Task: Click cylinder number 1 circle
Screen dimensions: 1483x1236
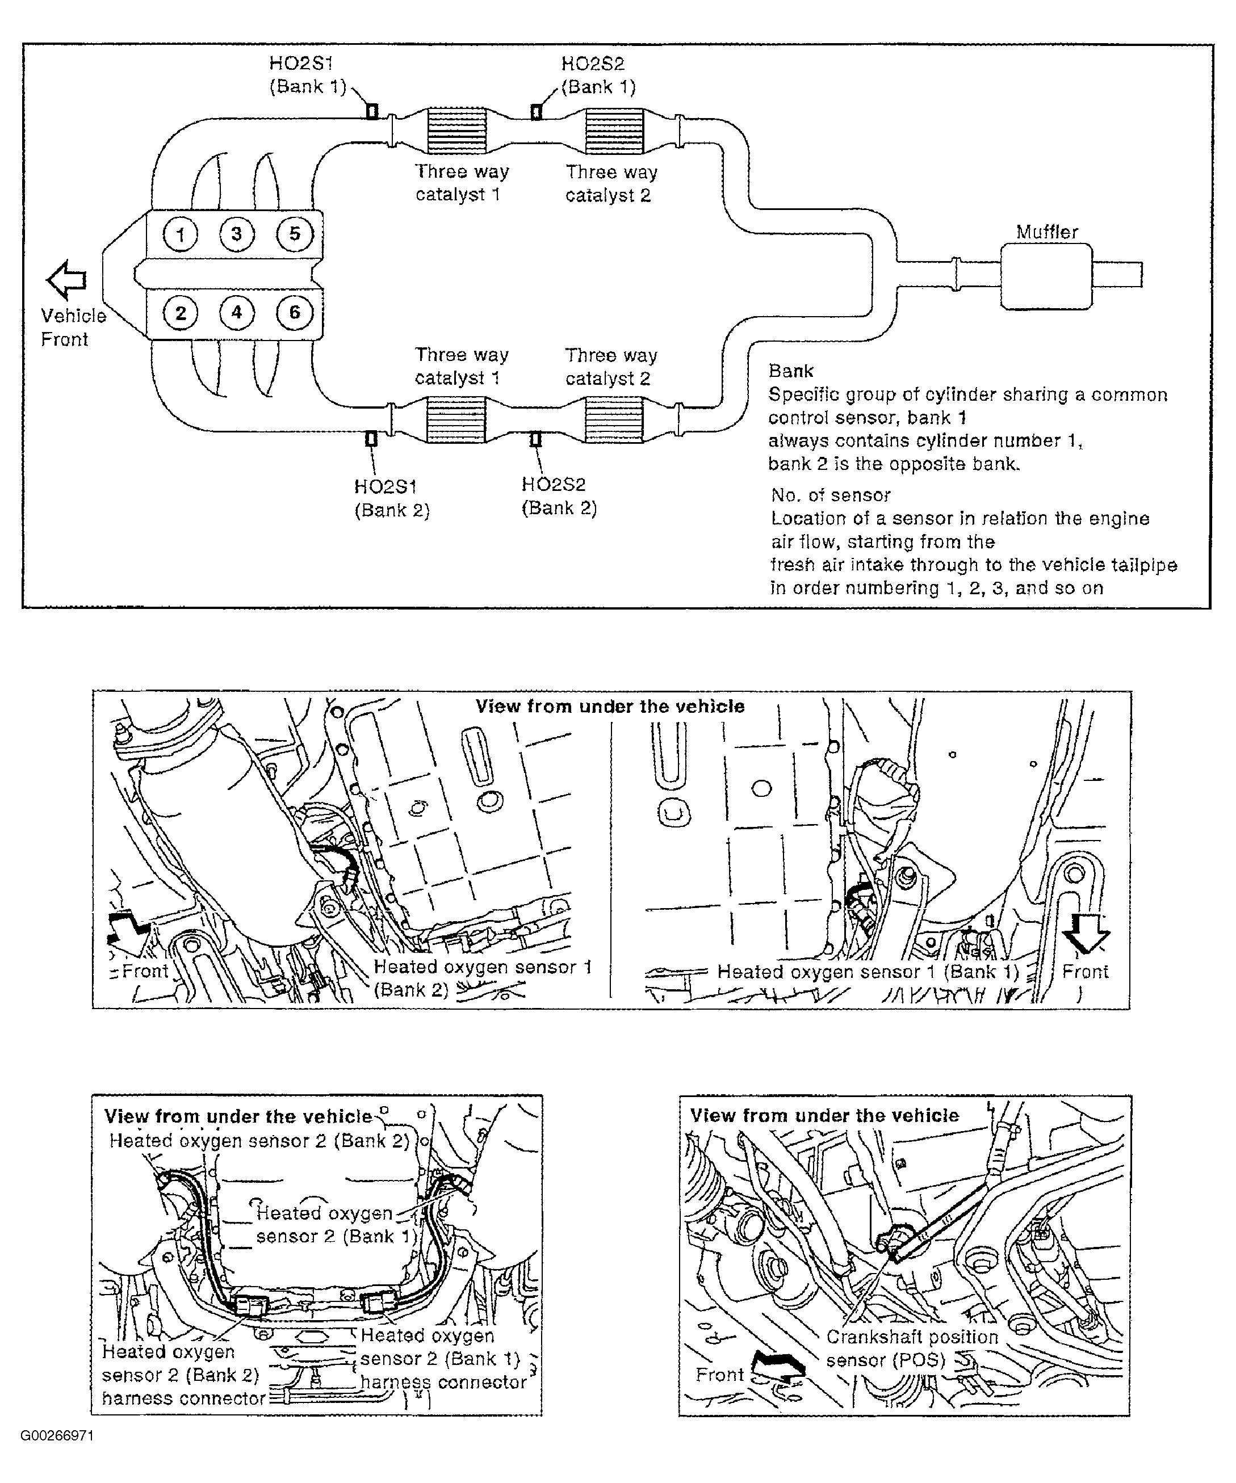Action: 181,234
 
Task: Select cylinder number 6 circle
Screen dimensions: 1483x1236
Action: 295,312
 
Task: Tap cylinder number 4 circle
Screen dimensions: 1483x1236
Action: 237,312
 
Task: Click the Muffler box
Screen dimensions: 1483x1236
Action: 1046,276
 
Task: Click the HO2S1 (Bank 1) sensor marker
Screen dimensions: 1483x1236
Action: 371,112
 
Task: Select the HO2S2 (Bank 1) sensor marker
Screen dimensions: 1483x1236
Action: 536,112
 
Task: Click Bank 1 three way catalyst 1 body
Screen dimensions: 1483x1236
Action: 457,131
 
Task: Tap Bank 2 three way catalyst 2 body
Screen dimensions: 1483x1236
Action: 614,419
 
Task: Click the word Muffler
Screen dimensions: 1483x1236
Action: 1047,232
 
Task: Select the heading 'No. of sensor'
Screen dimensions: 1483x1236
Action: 831,495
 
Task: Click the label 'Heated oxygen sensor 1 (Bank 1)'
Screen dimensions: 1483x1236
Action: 868,972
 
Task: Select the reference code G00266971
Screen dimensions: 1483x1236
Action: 57,1436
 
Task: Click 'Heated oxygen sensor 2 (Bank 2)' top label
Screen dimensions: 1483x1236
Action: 259,1141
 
